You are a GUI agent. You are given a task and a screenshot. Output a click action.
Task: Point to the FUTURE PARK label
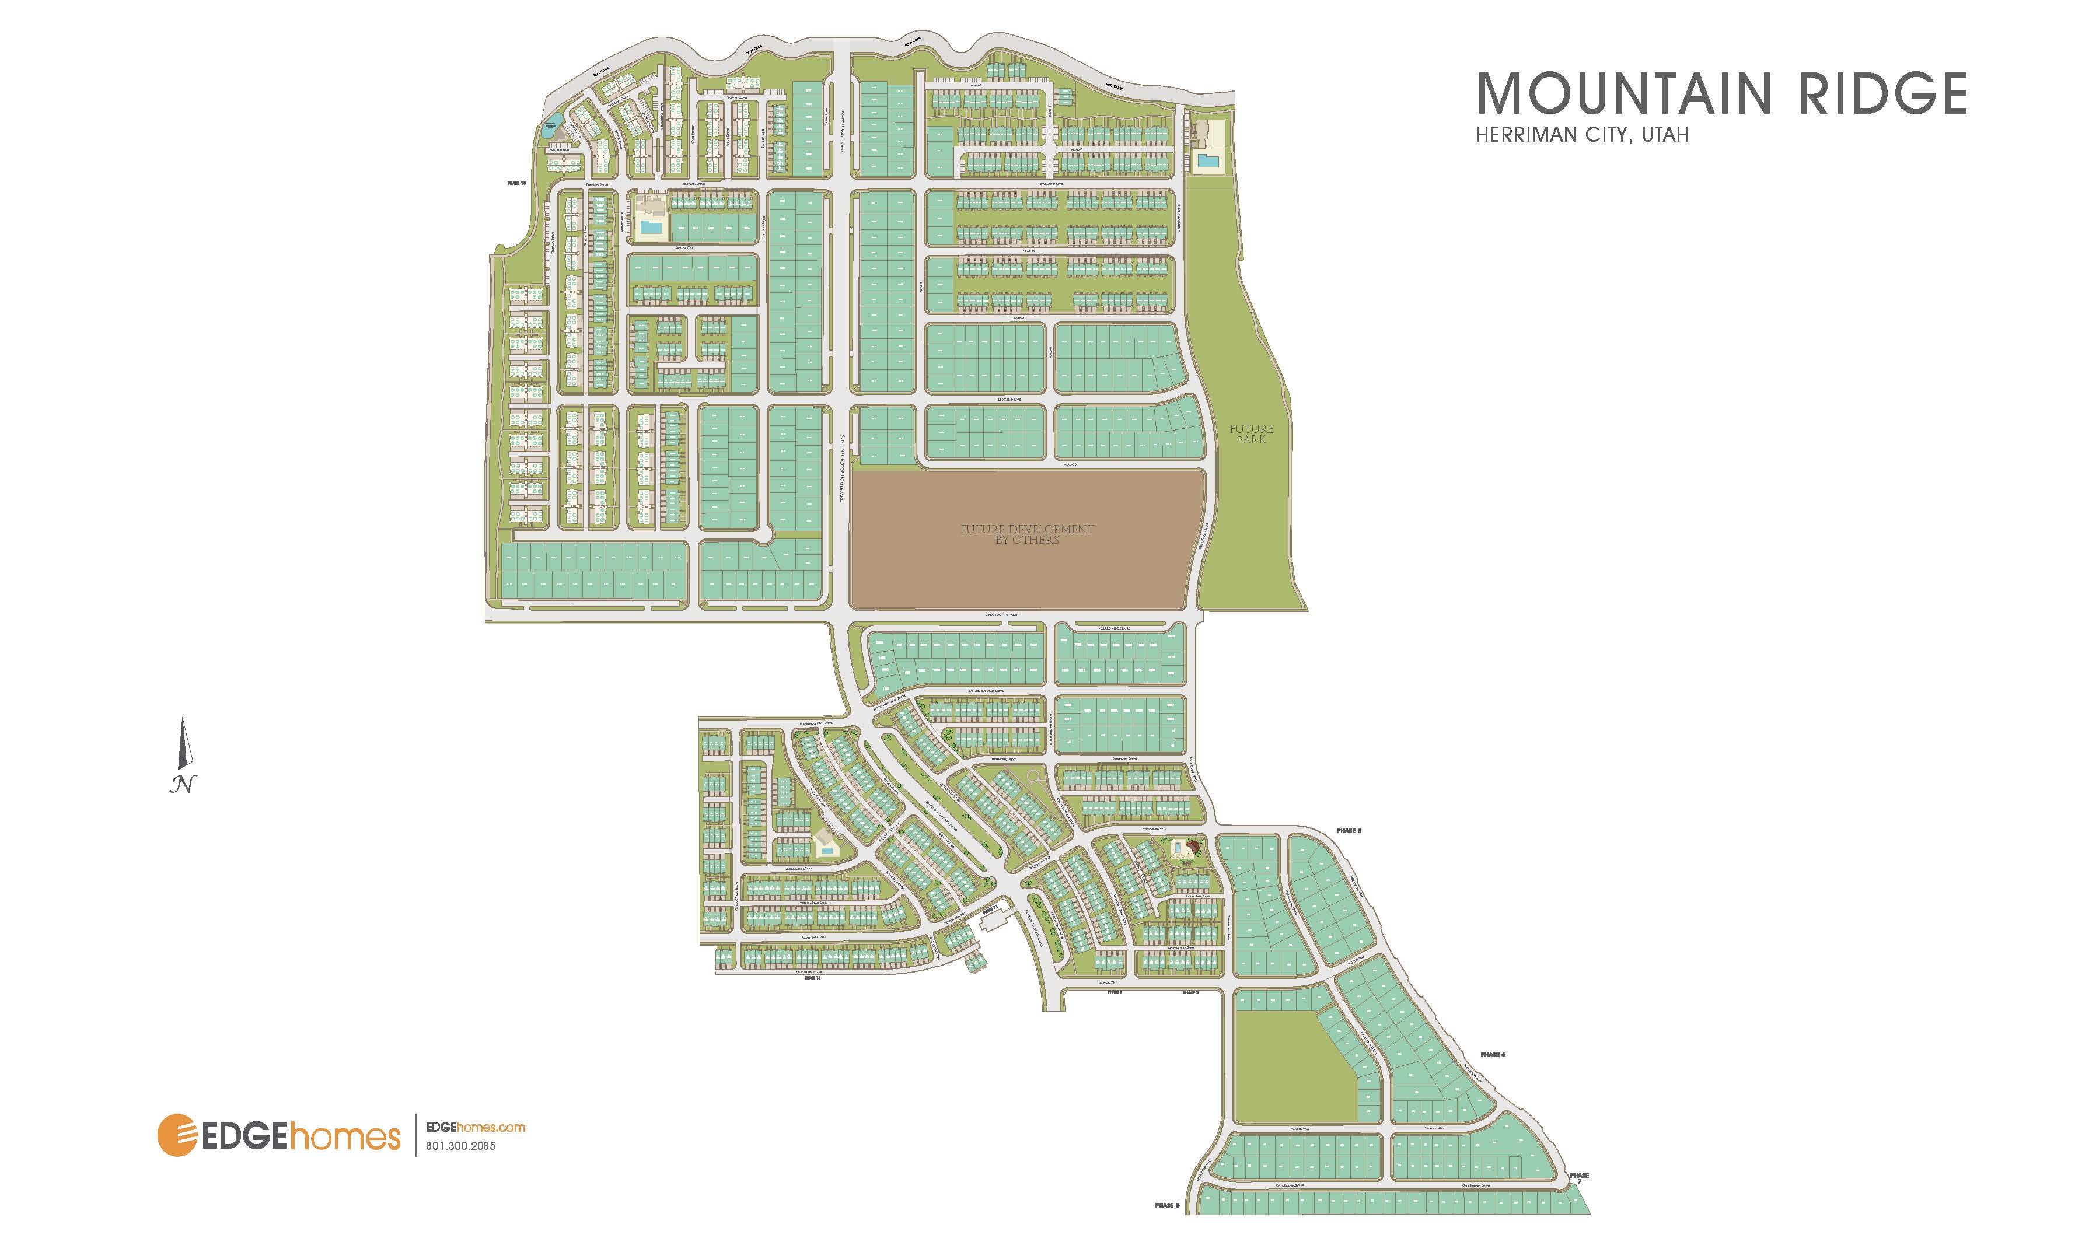(1251, 433)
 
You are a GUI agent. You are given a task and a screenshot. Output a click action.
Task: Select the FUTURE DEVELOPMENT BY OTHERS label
(1026, 534)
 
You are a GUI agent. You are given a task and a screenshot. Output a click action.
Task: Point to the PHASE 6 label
(1493, 1054)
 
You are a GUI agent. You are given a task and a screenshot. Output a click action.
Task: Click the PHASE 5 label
(1349, 831)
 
